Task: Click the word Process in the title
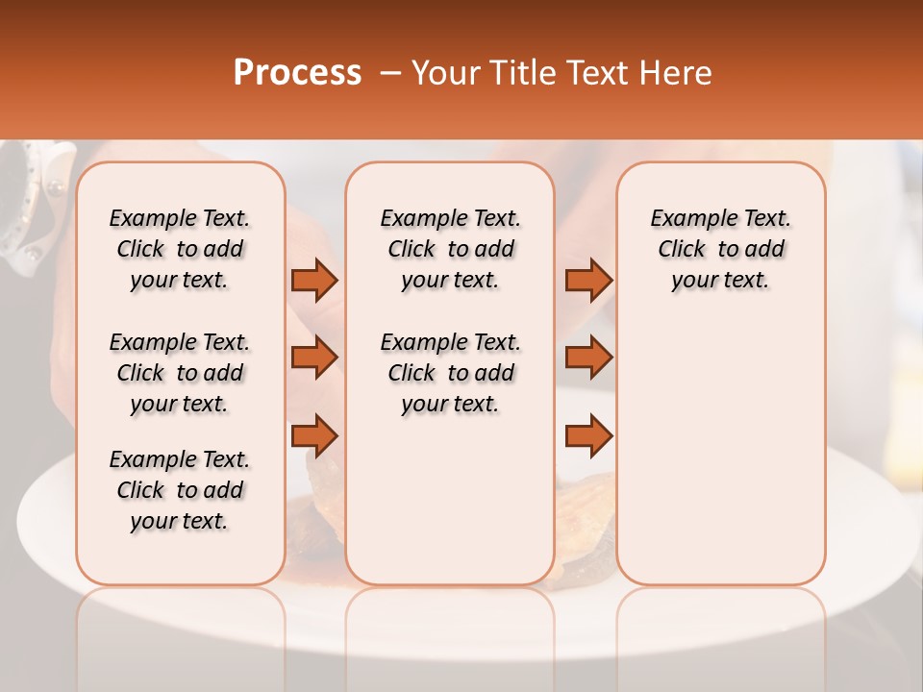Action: coord(297,73)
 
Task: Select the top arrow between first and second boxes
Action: coord(314,280)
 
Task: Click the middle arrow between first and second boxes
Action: coord(314,358)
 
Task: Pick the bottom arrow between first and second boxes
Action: coord(314,435)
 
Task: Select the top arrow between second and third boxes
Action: coord(588,280)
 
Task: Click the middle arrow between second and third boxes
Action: coord(588,358)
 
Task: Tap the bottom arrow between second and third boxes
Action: coord(588,435)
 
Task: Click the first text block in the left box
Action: coord(180,249)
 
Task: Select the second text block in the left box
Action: coord(180,373)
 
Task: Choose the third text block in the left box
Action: coord(180,490)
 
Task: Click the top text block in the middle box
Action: coord(450,249)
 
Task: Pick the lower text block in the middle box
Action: coord(450,373)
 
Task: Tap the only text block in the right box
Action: coord(720,249)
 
